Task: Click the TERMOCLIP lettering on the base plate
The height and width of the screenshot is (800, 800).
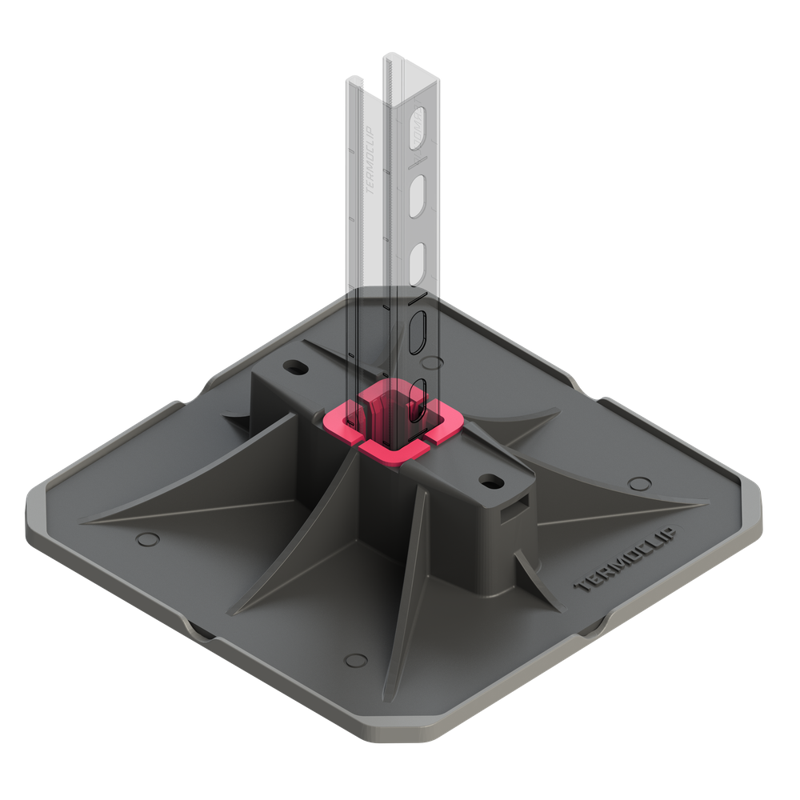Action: pyautogui.click(x=626, y=560)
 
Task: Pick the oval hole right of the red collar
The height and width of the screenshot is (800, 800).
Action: pyautogui.click(x=489, y=481)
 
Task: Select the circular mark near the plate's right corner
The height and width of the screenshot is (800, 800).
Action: pyautogui.click(x=638, y=482)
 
